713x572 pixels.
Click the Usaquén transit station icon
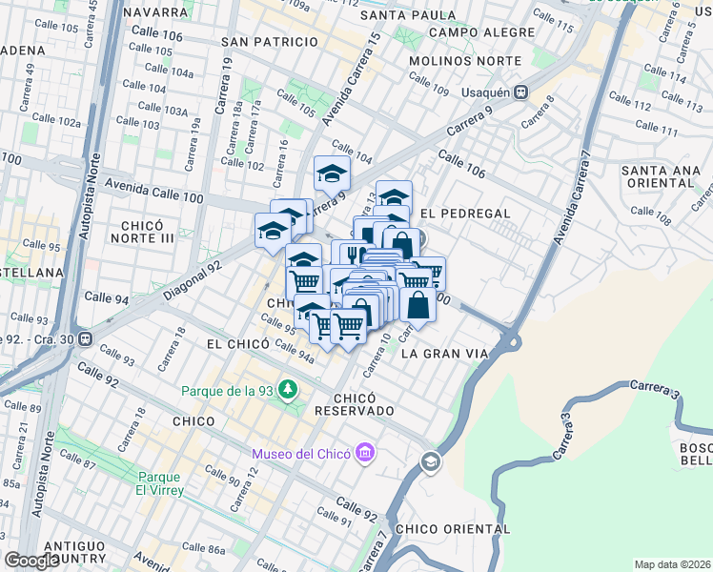(520, 92)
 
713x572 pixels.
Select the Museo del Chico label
(300, 454)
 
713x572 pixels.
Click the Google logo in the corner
(31, 561)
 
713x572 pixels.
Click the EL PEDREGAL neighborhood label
(465, 214)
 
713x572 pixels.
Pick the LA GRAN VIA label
(445, 353)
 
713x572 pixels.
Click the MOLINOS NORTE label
(465, 60)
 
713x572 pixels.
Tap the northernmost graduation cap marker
(333, 173)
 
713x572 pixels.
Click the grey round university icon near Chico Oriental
(430, 462)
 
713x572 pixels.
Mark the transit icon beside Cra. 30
(86, 337)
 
